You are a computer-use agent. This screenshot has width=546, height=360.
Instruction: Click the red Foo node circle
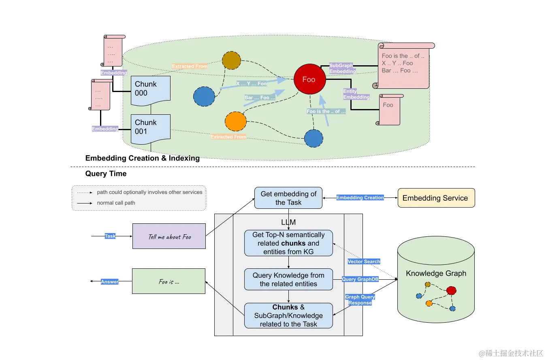(x=309, y=79)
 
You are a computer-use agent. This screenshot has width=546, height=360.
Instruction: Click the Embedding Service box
(x=436, y=198)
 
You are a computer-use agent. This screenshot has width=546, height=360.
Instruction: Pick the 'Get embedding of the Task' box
(x=288, y=198)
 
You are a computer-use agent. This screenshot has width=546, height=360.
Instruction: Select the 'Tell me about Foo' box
(x=169, y=236)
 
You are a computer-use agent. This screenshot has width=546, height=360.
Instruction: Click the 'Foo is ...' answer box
(x=169, y=282)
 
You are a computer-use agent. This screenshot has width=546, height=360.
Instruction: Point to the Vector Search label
(x=364, y=261)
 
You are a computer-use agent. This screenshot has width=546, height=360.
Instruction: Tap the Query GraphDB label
(x=360, y=279)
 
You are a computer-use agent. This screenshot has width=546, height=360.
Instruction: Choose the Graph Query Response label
(x=360, y=300)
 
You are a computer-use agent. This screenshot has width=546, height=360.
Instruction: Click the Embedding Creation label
(x=360, y=197)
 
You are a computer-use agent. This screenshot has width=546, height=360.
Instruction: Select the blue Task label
(x=110, y=236)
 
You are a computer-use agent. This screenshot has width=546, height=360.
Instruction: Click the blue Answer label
(x=110, y=282)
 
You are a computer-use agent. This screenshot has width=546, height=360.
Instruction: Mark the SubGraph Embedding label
(x=342, y=68)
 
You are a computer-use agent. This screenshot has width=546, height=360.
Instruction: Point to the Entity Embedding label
(x=356, y=94)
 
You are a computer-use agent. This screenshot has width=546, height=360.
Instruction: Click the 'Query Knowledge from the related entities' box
(x=288, y=279)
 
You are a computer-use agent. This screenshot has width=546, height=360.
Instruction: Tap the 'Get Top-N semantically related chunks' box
(x=288, y=243)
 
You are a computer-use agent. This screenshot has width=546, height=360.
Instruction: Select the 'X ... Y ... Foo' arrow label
(x=251, y=84)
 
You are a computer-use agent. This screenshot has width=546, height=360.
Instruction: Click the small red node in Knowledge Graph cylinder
(x=451, y=290)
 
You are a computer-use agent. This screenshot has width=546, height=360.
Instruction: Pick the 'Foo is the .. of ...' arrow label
(x=326, y=111)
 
